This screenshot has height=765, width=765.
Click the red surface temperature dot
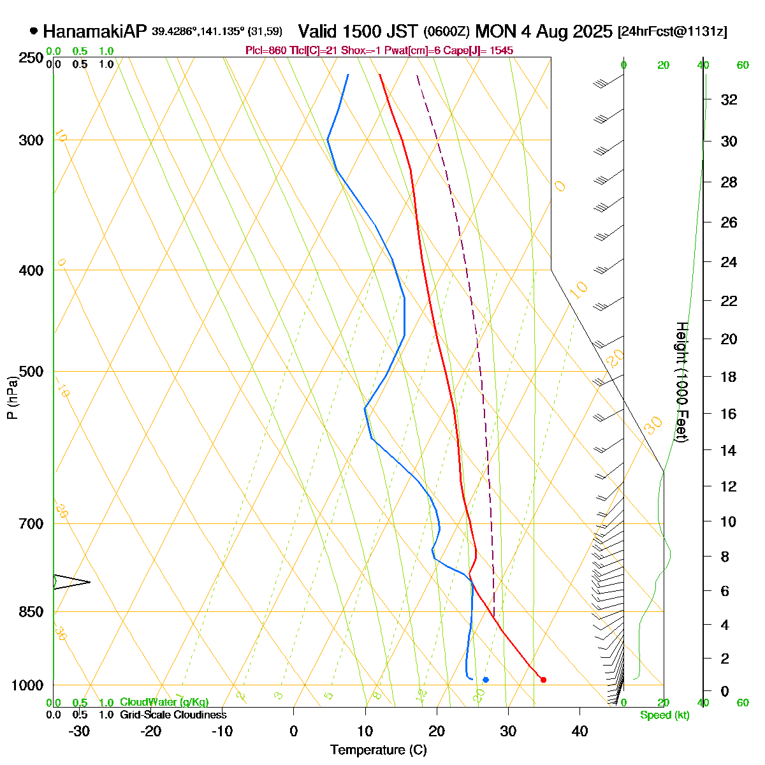tap(543, 680)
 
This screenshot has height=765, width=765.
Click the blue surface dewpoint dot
tap(486, 680)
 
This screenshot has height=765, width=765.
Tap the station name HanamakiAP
tap(95, 31)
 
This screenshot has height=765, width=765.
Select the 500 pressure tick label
tap(32, 371)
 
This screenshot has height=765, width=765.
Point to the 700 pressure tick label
tap(32, 523)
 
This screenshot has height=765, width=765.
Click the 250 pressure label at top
tap(32, 58)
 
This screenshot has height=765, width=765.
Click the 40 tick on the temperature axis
tap(579, 731)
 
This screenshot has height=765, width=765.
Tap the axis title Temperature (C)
tap(379, 750)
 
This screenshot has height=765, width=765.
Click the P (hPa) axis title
tap(12, 398)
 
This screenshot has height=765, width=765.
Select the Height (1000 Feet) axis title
tap(681, 382)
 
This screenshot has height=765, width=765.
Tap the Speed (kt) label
tap(664, 715)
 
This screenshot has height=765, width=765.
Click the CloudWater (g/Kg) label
tap(164, 702)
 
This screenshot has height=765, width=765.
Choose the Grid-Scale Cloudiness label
tap(173, 715)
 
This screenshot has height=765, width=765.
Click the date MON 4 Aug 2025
tap(543, 31)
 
